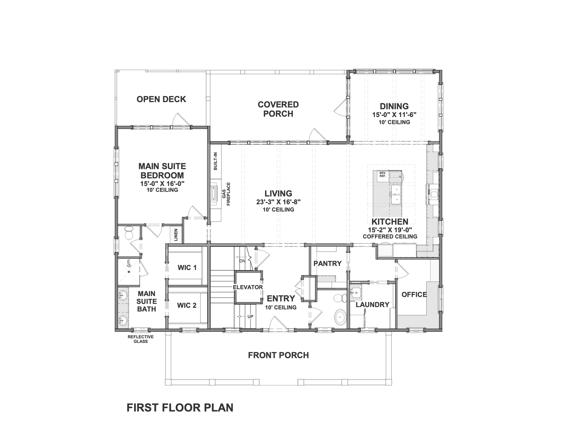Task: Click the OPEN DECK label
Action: point(161,99)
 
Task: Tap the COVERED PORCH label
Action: point(278,109)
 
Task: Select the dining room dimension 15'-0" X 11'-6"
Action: point(394,115)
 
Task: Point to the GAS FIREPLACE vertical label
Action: point(226,194)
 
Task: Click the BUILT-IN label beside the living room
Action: point(215,161)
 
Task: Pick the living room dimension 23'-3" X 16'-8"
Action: point(278,202)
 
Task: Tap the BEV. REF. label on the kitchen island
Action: point(383,174)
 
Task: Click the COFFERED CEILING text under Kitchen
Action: point(390,236)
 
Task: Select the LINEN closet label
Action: point(176,235)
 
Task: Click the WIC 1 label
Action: point(187,268)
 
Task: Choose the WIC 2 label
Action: point(187,305)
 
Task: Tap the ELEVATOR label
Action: point(248,287)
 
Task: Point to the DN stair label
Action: point(242,261)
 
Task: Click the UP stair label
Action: point(250,316)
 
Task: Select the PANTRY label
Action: point(327,263)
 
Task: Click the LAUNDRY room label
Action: point(373,305)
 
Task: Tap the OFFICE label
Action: point(414,295)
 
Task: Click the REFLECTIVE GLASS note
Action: point(141,339)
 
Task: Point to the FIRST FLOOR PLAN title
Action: point(180,408)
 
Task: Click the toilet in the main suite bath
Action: point(128,233)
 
